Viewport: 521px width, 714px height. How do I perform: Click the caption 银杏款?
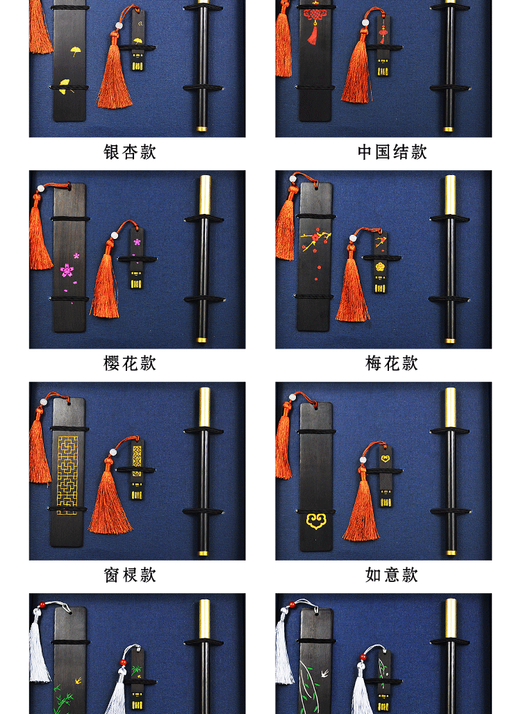coord(130,152)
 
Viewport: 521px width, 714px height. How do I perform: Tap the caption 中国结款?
coord(392,152)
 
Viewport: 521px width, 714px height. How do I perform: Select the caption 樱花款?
coord(130,363)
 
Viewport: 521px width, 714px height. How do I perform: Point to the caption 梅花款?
coord(392,363)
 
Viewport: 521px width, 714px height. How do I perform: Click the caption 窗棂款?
coord(130,575)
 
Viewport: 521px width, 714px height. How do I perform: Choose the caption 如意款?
coord(392,575)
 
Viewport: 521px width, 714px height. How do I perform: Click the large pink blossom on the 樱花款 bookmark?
coord(68,269)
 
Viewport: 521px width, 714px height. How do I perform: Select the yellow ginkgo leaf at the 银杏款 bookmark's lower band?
coord(65,85)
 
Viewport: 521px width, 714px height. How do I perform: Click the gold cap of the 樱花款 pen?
coord(205,194)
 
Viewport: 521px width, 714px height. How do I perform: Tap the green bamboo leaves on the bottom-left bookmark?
coord(64,695)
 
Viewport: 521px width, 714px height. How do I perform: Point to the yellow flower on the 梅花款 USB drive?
coord(379,266)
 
